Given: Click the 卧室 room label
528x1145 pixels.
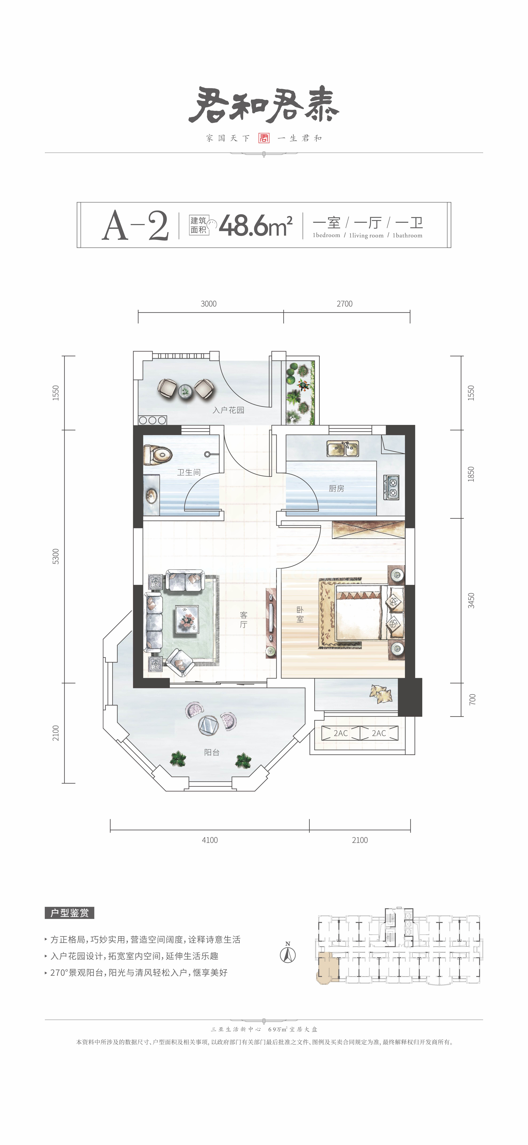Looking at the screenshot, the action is click(x=300, y=615).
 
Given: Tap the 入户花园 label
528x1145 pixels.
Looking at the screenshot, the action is click(x=228, y=410).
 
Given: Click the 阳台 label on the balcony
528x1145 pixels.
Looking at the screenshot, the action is click(x=212, y=752).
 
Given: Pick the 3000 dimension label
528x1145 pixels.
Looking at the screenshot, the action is click(x=209, y=304).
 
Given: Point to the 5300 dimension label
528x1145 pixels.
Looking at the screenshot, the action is click(x=55, y=556).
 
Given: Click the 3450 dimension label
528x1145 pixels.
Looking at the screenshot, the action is click(x=471, y=601).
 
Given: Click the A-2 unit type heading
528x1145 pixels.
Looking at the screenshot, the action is click(x=135, y=226).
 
